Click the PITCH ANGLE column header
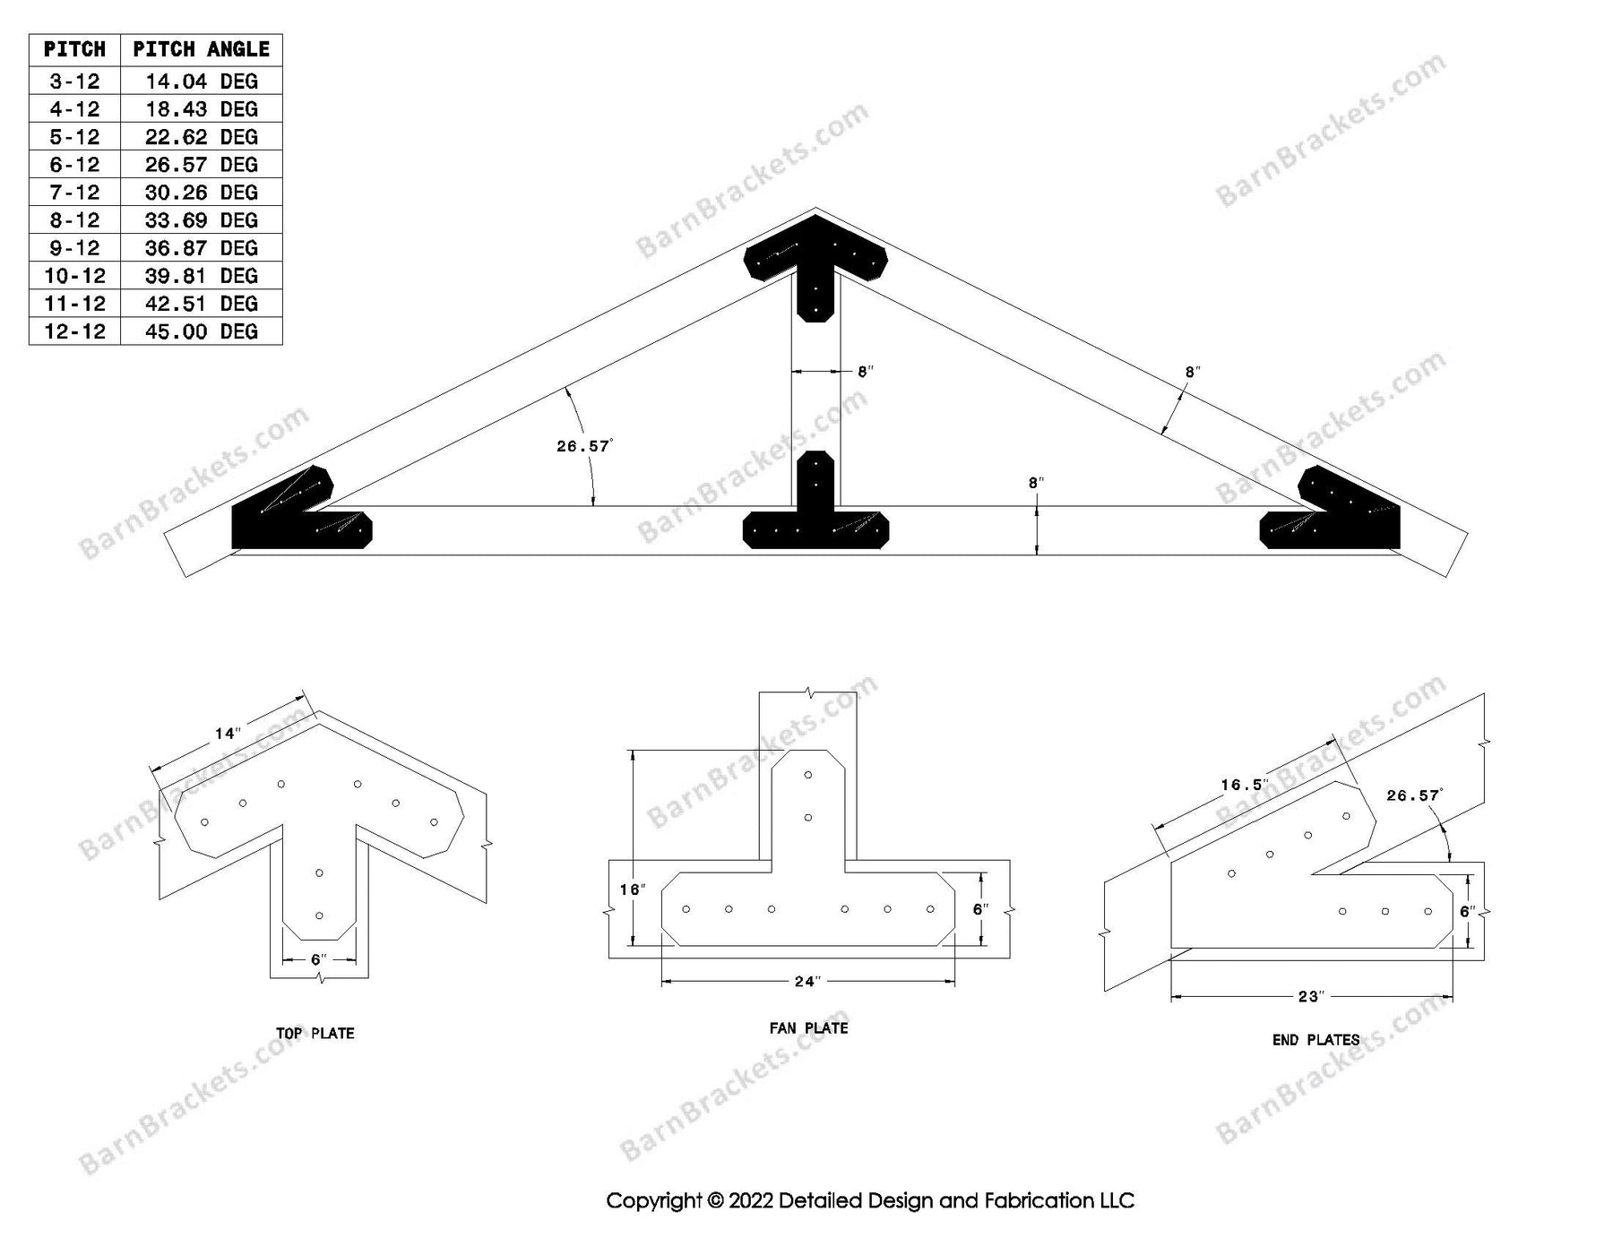coord(201,49)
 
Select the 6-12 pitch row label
coord(74,165)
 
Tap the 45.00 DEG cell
coord(201,331)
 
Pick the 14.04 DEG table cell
coord(201,82)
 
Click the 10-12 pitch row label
coord(74,276)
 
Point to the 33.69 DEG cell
coord(201,220)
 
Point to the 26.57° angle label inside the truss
coord(583,445)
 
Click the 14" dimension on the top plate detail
coord(228,735)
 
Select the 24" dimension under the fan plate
coord(807,982)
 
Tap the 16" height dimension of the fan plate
coord(632,889)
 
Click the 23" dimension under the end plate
coord(1311,996)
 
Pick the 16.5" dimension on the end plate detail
coord(1245,786)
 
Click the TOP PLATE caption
coord(315,1034)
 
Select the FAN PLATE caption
coord(808,1028)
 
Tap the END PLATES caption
coord(1315,1040)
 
